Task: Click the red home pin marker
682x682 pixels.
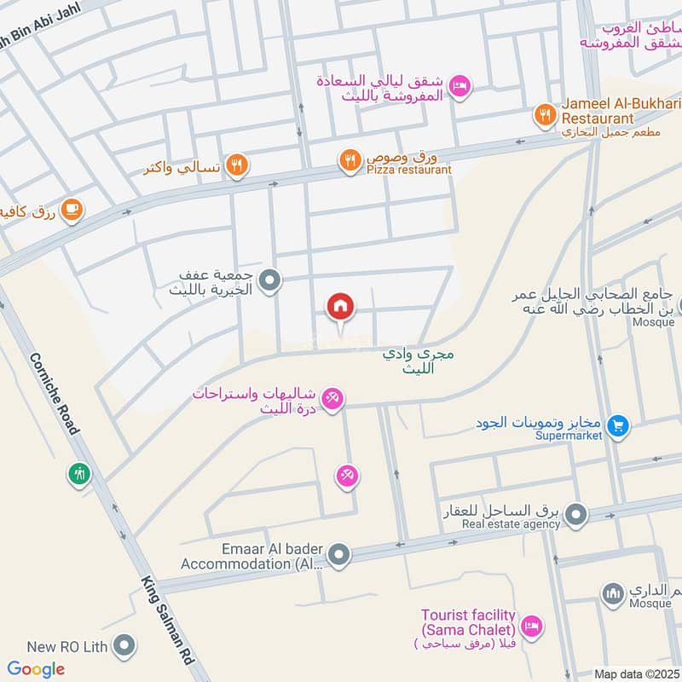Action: [340, 307]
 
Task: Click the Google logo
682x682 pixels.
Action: [36, 669]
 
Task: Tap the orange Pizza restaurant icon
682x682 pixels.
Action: [350, 159]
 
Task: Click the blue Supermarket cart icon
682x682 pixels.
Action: [619, 426]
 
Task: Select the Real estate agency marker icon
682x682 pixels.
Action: [576, 514]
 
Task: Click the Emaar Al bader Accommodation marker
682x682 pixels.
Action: [339, 556]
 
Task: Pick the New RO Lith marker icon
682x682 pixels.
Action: [125, 645]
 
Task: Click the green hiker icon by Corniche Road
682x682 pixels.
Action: [79, 473]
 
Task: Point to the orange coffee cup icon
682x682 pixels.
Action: [72, 209]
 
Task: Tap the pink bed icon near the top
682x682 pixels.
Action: [460, 87]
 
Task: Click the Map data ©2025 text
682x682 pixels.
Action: [636, 673]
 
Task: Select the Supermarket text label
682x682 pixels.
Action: [569, 436]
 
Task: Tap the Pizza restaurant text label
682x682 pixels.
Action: [409, 170]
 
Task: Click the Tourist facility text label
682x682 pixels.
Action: [469, 615]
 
